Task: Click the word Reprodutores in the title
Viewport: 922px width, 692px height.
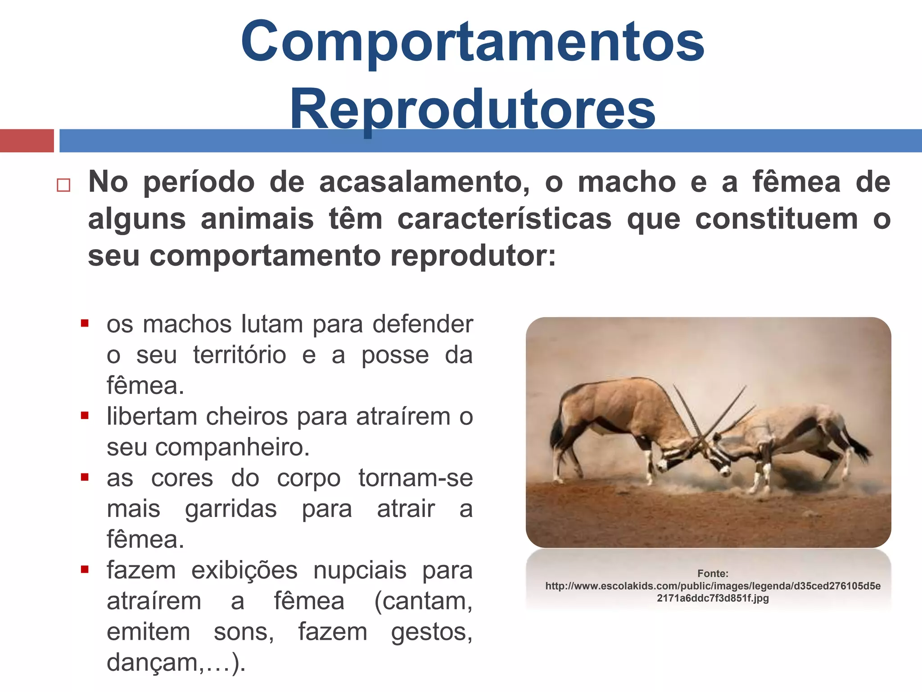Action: [473, 109]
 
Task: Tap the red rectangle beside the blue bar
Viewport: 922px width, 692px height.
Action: [27, 141]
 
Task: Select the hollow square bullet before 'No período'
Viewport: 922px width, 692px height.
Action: [63, 185]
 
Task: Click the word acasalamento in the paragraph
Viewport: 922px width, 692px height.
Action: [424, 182]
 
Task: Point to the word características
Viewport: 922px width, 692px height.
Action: [504, 219]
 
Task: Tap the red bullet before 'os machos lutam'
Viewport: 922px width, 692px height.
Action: [85, 323]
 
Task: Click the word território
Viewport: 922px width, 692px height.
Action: [240, 355]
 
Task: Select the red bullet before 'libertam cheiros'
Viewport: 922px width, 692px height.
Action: [85, 416]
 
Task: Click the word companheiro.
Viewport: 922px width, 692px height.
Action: [232, 447]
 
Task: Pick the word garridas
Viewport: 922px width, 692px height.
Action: [230, 509]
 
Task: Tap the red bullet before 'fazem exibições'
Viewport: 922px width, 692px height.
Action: [85, 570]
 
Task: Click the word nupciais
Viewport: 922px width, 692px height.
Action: [360, 570]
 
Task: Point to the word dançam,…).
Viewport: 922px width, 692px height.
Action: [176, 663]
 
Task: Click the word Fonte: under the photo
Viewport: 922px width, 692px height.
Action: [713, 574]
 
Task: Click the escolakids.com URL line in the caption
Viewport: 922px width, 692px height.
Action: [713, 586]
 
